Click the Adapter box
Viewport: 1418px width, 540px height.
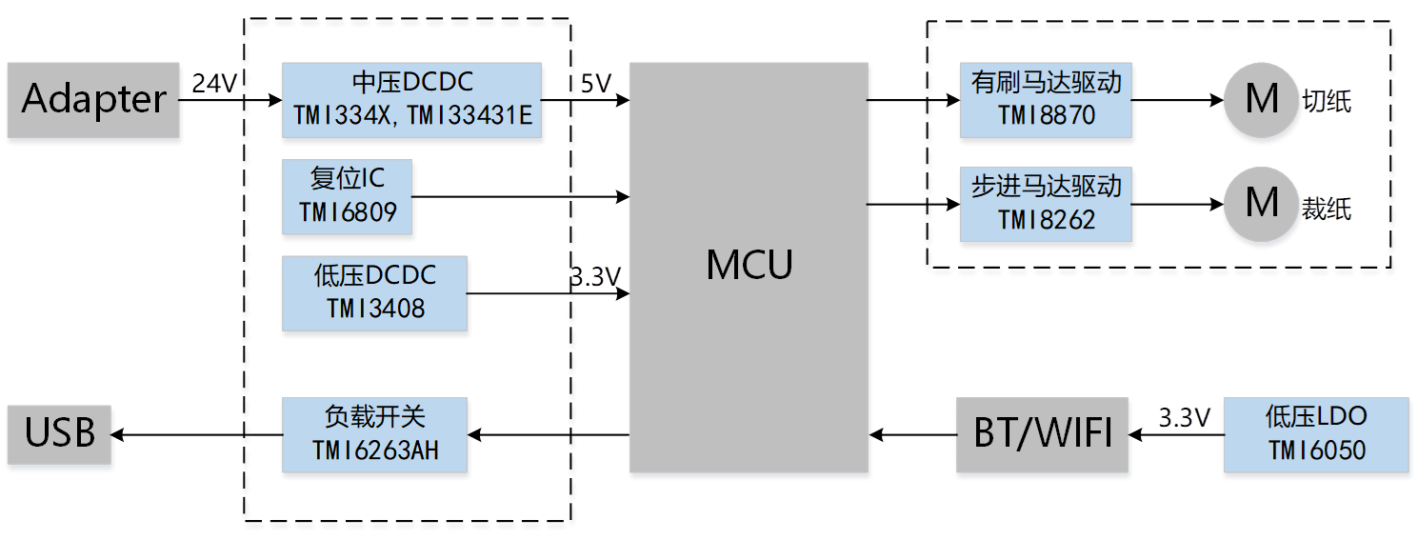(x=93, y=101)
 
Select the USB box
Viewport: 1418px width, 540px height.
(x=60, y=435)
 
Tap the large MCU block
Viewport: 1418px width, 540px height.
(x=749, y=267)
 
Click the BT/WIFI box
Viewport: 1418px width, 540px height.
(x=1043, y=435)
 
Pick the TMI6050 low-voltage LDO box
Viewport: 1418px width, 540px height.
(x=1316, y=435)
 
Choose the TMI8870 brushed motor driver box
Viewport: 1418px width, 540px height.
(x=1047, y=101)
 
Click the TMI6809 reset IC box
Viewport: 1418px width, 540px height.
(x=348, y=198)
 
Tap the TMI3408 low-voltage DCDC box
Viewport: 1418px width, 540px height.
(x=375, y=294)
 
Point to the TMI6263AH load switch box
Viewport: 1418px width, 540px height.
(x=375, y=435)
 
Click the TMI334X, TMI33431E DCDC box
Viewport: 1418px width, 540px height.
(x=412, y=101)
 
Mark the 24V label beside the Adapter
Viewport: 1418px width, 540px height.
(x=214, y=84)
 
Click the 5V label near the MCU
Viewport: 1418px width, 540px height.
(x=595, y=84)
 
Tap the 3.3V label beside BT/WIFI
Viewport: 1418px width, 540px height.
(x=1184, y=417)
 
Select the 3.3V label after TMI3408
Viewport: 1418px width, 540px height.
(x=596, y=278)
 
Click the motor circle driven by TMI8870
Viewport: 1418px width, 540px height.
(x=1262, y=99)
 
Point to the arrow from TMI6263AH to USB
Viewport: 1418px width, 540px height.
(x=196, y=435)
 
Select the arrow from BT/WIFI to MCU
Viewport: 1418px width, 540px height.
(x=912, y=435)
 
